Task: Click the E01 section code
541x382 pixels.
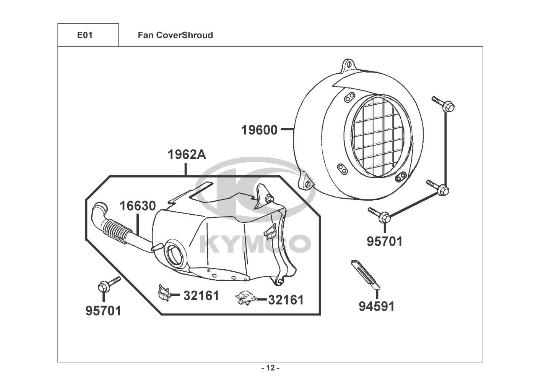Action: (85, 36)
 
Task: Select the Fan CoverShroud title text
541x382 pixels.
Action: (175, 36)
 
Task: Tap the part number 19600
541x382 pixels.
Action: (259, 130)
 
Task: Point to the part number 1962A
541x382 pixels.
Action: (187, 155)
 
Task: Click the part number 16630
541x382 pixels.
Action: (138, 206)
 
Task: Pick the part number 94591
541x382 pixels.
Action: (376, 306)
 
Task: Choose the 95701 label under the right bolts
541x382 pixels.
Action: (385, 241)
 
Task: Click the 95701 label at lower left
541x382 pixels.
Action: (103, 311)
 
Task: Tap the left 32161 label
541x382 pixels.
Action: (201, 295)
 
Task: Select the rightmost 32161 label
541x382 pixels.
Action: (286, 300)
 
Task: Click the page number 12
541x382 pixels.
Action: (270, 368)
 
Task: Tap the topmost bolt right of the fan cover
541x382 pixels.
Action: (444, 104)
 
